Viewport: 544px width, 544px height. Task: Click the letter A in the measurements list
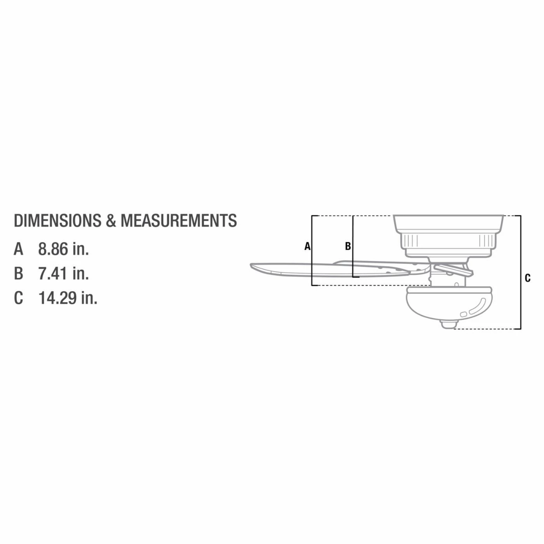click(18, 249)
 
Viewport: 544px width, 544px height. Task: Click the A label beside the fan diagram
click(307, 246)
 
